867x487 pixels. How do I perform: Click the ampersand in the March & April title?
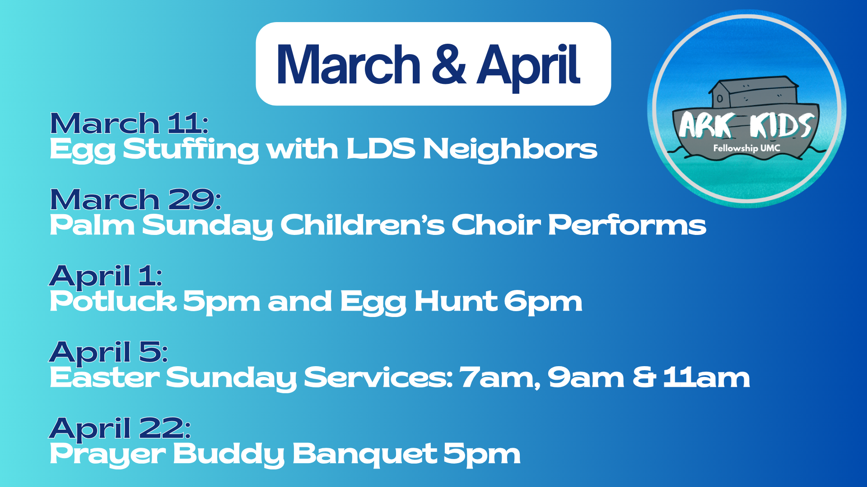pyautogui.click(x=448, y=64)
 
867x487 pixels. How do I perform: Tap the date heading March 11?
pyautogui.click(x=129, y=124)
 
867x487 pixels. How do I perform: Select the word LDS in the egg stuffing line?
pyautogui.click(x=381, y=149)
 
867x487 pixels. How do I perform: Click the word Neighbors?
pyautogui.click(x=510, y=149)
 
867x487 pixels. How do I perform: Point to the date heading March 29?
pyautogui.click(x=135, y=200)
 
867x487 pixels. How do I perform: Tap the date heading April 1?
pyautogui.click(x=106, y=276)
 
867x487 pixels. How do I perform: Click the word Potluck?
pyautogui.click(x=113, y=301)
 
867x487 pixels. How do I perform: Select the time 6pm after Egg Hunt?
pyautogui.click(x=543, y=302)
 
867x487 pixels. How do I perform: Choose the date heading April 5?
pyautogui.click(x=108, y=352)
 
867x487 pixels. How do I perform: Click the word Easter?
pyautogui.click(x=104, y=377)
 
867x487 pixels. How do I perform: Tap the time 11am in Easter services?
pyautogui.click(x=706, y=377)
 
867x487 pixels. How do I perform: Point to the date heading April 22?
pyautogui.click(x=120, y=428)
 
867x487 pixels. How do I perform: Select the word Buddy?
pyautogui.click(x=229, y=454)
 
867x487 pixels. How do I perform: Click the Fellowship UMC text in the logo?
pyautogui.click(x=746, y=148)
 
